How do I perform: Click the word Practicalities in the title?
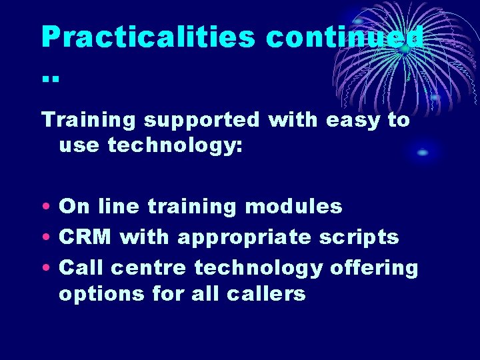148,37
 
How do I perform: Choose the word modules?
293,207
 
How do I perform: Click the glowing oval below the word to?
423,153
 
